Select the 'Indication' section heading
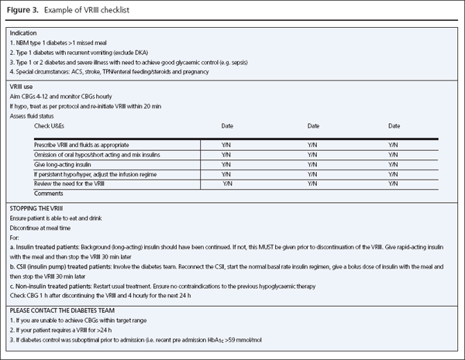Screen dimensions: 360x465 (23, 34)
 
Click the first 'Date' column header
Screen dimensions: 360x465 (227, 125)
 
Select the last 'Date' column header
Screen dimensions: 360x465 (395, 125)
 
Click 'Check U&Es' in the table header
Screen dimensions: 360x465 (55, 125)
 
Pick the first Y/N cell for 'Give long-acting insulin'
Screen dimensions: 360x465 (227, 163)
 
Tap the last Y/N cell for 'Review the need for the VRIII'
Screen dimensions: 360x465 (395, 183)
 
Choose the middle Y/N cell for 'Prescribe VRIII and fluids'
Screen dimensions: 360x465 (312, 144)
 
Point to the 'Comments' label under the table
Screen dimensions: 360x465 (49, 192)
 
